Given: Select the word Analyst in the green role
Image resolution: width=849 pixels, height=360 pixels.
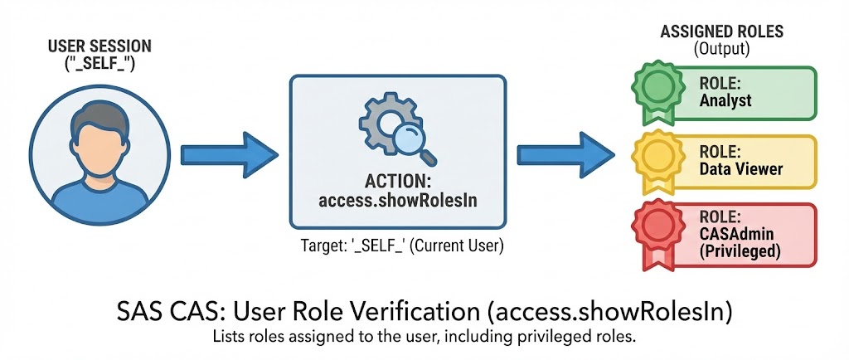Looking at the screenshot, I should [x=725, y=100].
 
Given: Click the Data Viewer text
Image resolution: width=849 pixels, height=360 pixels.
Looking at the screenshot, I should [x=741, y=169].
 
